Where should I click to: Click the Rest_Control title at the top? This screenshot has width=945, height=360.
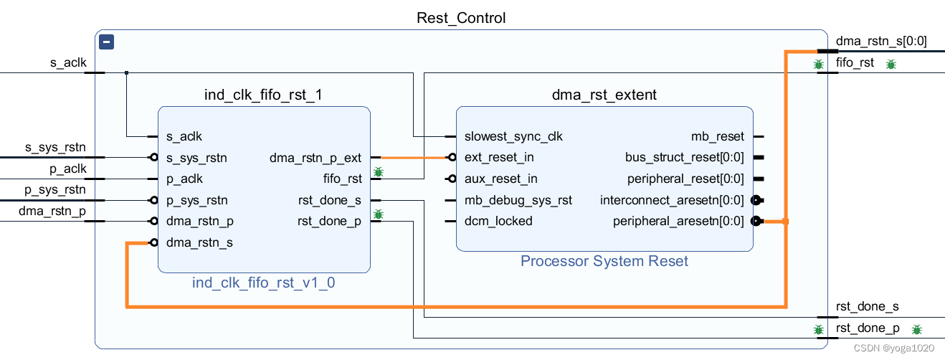coord(461,18)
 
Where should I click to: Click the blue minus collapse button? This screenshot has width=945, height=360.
coord(106,42)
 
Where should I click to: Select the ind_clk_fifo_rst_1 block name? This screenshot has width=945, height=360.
coord(263,95)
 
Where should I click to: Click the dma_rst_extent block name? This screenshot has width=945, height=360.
coord(604,95)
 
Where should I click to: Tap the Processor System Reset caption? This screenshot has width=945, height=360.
coord(604,261)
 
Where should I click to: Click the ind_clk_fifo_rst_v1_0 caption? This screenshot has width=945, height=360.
coord(264,283)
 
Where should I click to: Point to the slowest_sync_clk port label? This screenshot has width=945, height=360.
coord(513,136)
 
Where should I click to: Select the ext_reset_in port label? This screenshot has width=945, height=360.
coord(499,158)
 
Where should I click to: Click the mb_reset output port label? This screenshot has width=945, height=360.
coord(717,136)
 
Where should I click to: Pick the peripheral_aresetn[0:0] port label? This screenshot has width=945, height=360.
coord(678,221)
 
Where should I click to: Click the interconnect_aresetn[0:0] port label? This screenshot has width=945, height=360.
coord(672,199)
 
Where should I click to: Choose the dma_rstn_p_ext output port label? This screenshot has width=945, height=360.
coord(315,158)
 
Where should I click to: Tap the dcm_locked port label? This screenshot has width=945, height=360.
coord(498,221)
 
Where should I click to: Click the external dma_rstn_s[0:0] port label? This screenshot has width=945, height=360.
coord(881,41)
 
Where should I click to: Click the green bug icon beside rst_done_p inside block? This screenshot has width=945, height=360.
coord(379,214)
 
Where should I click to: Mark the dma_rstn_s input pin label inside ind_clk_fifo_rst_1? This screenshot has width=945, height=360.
coord(199,242)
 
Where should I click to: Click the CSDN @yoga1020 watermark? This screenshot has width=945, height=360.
coord(894,348)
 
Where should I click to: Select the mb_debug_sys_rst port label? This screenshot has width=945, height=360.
coord(518,199)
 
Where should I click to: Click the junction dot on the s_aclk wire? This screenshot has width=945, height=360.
coord(127,73)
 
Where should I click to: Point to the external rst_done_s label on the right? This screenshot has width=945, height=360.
coord(868,306)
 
